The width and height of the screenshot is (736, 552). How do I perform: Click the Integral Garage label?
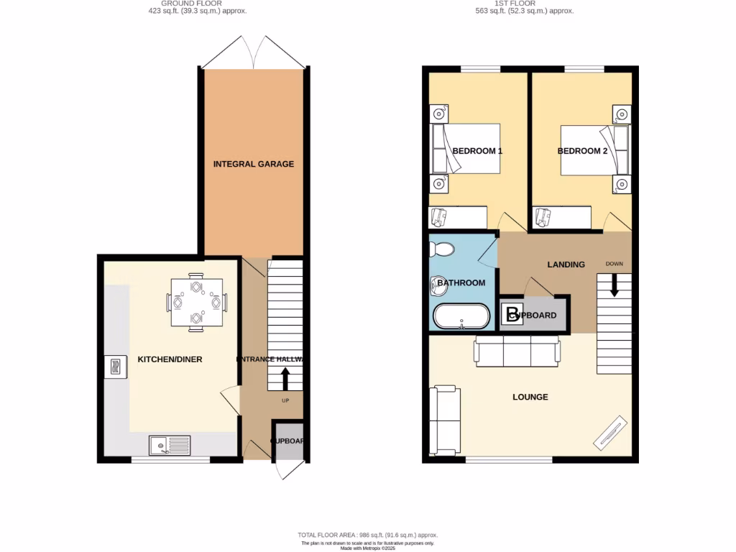253,164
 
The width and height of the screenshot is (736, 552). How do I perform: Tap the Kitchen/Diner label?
170,359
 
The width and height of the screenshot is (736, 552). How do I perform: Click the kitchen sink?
170,446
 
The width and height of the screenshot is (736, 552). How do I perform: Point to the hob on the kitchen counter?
115,367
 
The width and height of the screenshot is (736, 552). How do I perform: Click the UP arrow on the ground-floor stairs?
285,379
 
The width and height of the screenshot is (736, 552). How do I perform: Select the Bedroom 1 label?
477,151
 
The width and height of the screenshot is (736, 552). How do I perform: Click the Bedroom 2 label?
583,151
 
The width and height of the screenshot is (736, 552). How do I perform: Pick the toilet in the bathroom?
441,249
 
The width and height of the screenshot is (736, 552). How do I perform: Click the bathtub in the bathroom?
461,316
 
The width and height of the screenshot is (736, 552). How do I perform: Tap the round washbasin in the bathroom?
438,283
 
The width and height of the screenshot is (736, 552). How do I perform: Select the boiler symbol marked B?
512,315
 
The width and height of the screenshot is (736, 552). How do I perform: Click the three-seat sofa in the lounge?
516,351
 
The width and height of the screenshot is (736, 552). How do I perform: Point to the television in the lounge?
612,433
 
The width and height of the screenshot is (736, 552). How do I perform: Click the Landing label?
566,264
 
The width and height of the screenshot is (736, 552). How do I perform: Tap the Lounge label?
530,397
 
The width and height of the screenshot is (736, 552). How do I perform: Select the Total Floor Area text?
367,535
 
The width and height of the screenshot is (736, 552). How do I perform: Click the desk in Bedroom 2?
562,216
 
